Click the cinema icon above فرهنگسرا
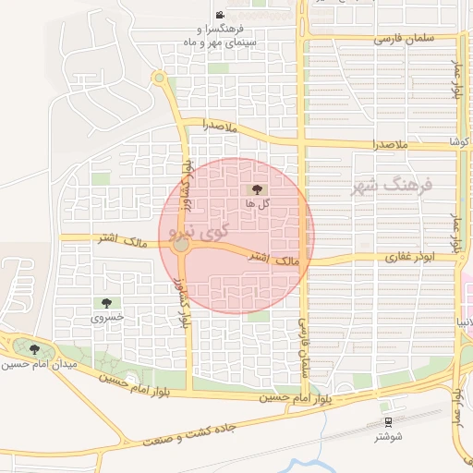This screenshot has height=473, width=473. [x=220, y=16]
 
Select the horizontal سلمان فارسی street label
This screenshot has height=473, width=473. [x=405, y=41]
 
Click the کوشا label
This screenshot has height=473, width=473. [x=459, y=142]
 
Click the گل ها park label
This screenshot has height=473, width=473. [x=257, y=202]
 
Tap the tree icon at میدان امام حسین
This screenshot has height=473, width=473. [x=35, y=349]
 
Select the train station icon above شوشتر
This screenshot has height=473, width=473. [x=385, y=406]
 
